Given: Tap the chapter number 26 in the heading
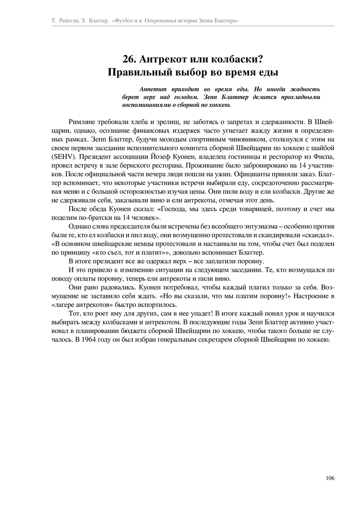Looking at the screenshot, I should pyautogui.click(x=129, y=59).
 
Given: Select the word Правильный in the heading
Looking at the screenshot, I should pyautogui.click(x=135, y=72).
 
